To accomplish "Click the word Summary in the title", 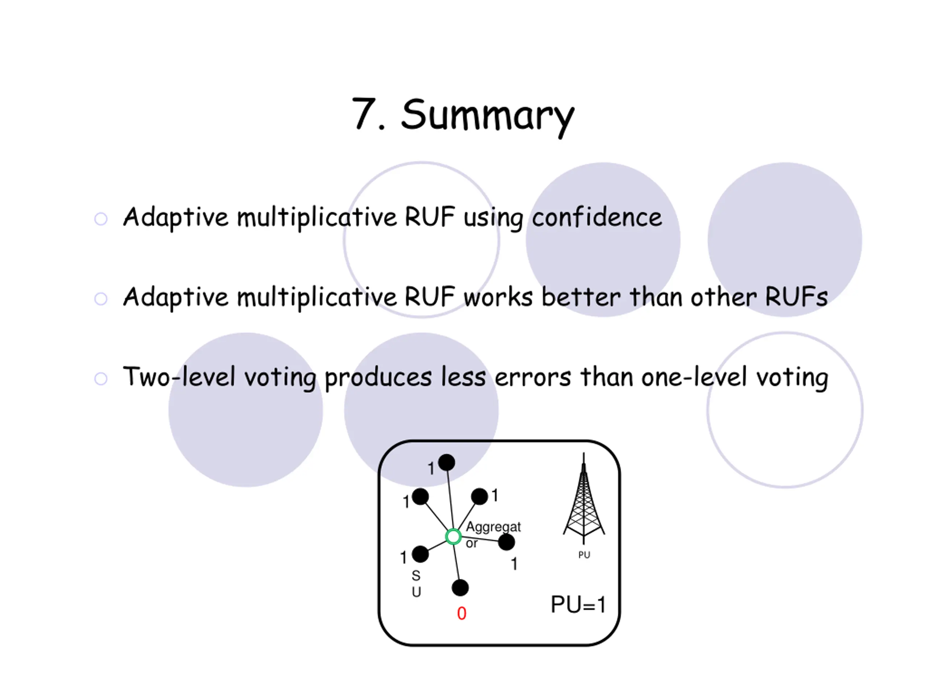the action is click(x=488, y=117).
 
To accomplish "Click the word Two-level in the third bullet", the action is click(x=179, y=376).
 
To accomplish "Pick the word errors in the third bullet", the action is click(x=533, y=378).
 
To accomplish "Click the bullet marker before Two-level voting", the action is click(x=101, y=378).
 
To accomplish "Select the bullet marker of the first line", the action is click(x=101, y=219).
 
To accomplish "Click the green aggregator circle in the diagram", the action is click(x=453, y=536).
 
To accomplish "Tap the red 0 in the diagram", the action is click(x=461, y=613).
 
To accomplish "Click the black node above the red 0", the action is click(x=460, y=588).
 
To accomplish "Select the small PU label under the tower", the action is click(x=584, y=555).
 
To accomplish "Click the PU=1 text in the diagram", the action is click(x=578, y=605).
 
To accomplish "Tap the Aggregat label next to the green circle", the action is click(x=493, y=527).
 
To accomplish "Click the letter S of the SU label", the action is click(x=416, y=576).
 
